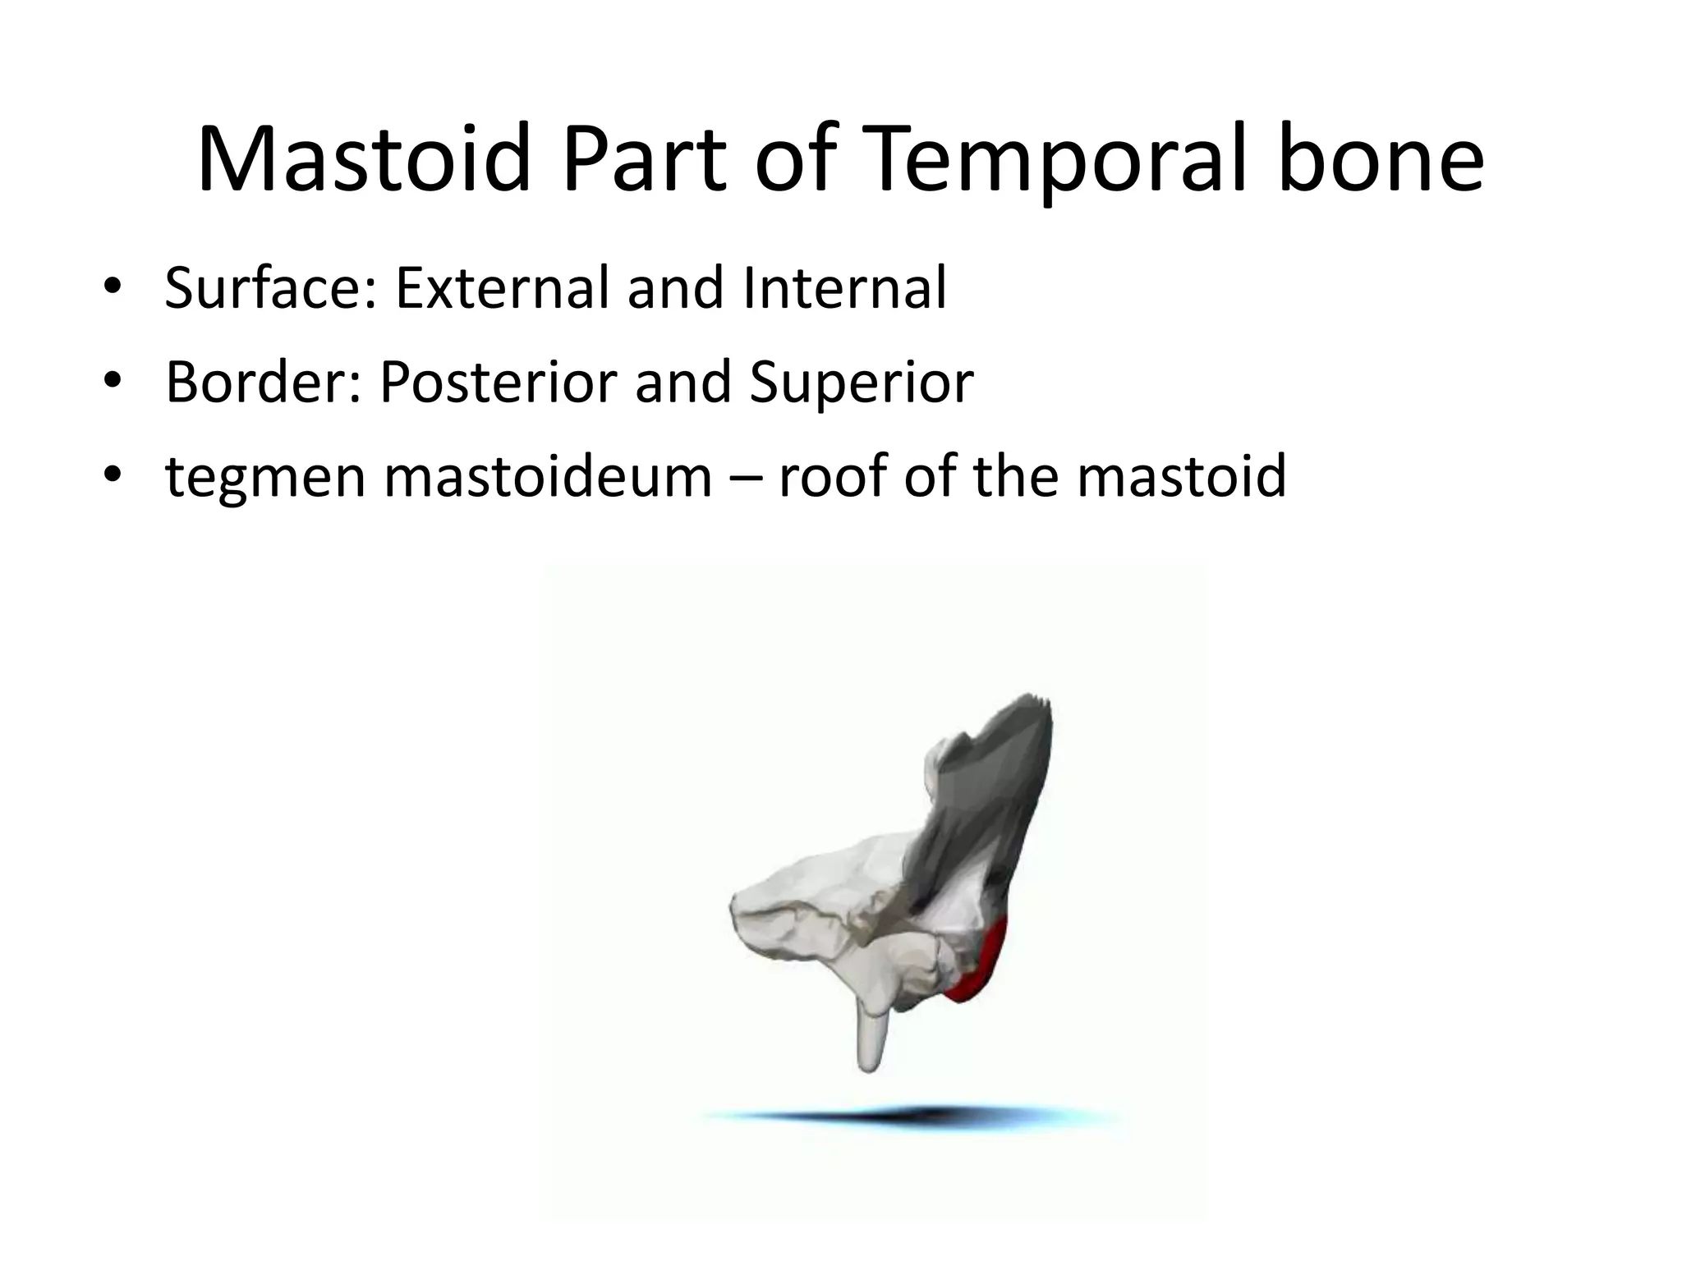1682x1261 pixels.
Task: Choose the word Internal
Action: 845,288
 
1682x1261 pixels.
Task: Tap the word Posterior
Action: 500,383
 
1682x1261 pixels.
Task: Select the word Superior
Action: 862,383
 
